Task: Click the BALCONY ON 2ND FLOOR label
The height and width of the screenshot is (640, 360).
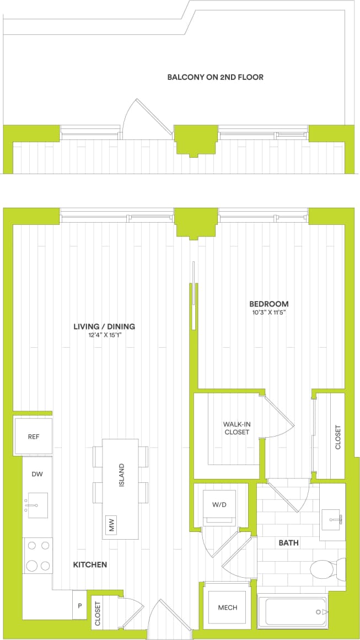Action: (215, 77)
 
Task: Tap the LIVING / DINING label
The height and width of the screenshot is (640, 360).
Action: (104, 326)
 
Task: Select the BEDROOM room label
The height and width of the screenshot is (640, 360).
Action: (268, 304)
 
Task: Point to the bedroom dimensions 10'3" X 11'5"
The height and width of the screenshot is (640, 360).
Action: (268, 313)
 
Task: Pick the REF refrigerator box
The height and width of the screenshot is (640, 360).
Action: (34, 437)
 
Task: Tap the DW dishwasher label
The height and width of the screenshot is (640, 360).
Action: (37, 474)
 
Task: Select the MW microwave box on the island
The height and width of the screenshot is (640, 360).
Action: (112, 525)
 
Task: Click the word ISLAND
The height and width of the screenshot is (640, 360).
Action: (121, 475)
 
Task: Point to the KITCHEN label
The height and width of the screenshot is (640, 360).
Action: (90, 565)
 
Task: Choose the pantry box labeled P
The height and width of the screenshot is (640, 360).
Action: (80, 605)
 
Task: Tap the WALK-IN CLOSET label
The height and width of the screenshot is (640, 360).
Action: (237, 428)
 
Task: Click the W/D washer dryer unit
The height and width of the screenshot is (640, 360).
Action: (220, 504)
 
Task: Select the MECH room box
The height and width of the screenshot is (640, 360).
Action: (227, 607)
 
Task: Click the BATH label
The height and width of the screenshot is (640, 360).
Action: (288, 543)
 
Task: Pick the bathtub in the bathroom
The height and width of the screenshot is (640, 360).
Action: (296, 611)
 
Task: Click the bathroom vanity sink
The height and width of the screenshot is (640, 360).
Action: (332, 518)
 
